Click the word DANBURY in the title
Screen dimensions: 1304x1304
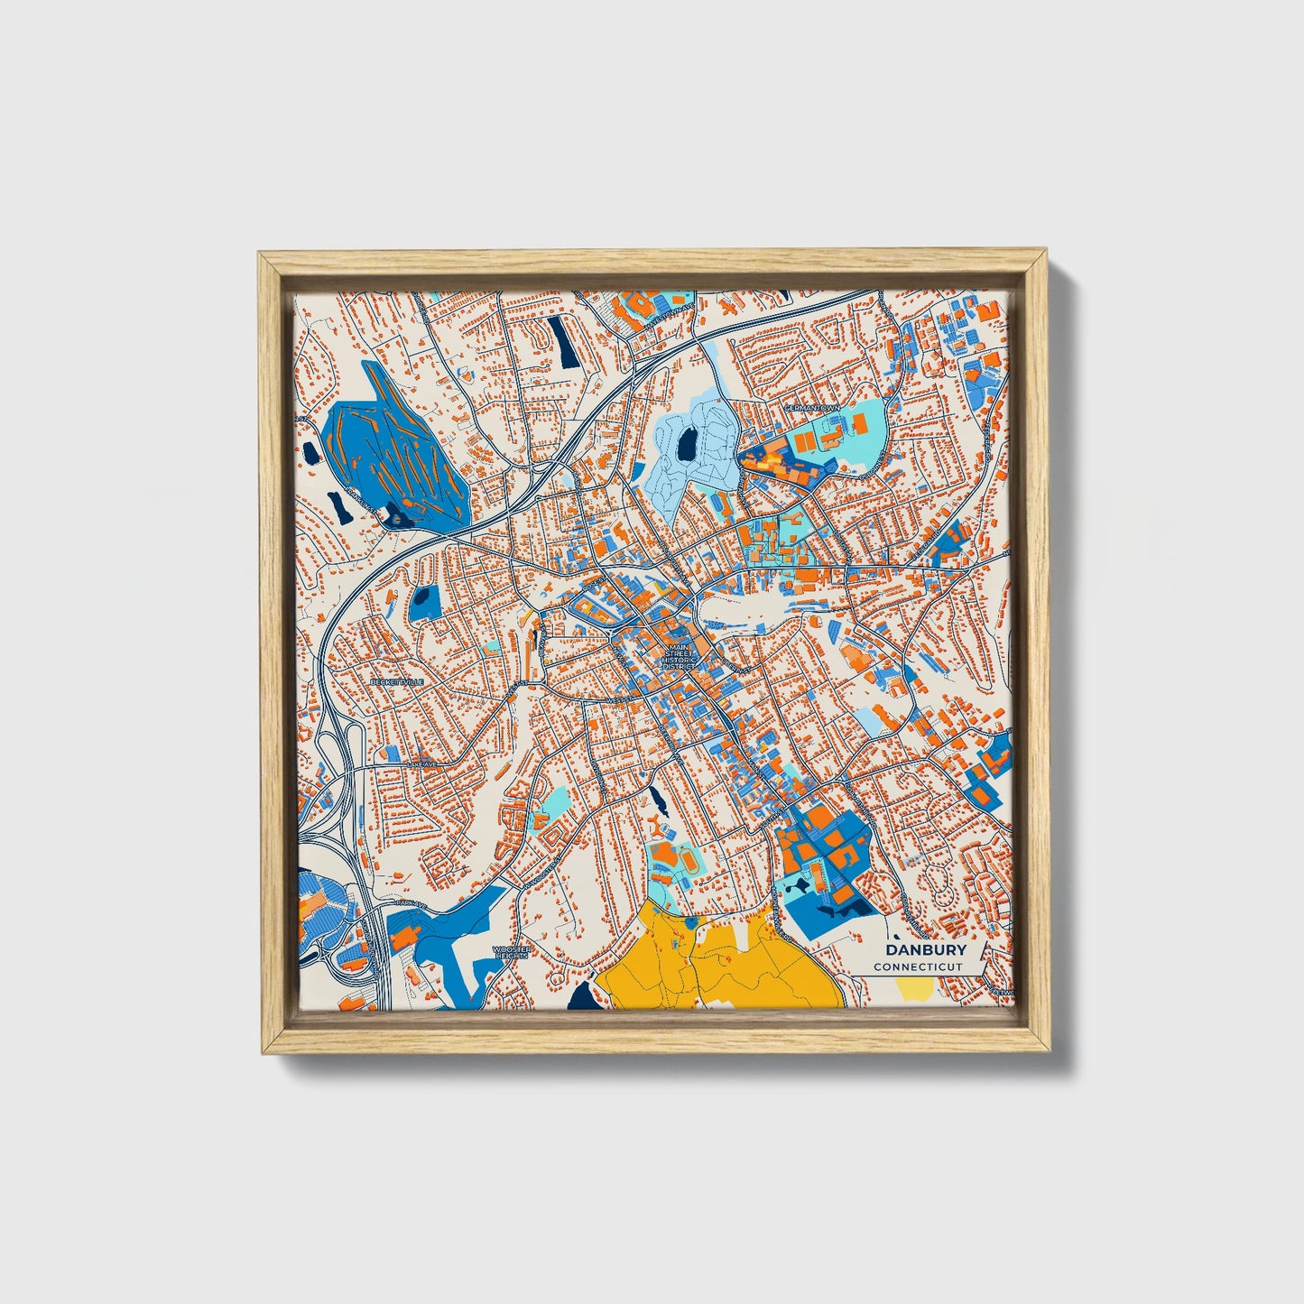[925, 949]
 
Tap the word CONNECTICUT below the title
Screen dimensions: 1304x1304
[917, 966]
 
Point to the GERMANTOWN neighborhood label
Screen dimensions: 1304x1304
[811, 408]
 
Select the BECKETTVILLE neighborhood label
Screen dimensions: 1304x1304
[396, 682]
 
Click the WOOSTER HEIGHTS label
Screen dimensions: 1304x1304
[511, 952]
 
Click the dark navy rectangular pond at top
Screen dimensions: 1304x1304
[564, 341]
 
